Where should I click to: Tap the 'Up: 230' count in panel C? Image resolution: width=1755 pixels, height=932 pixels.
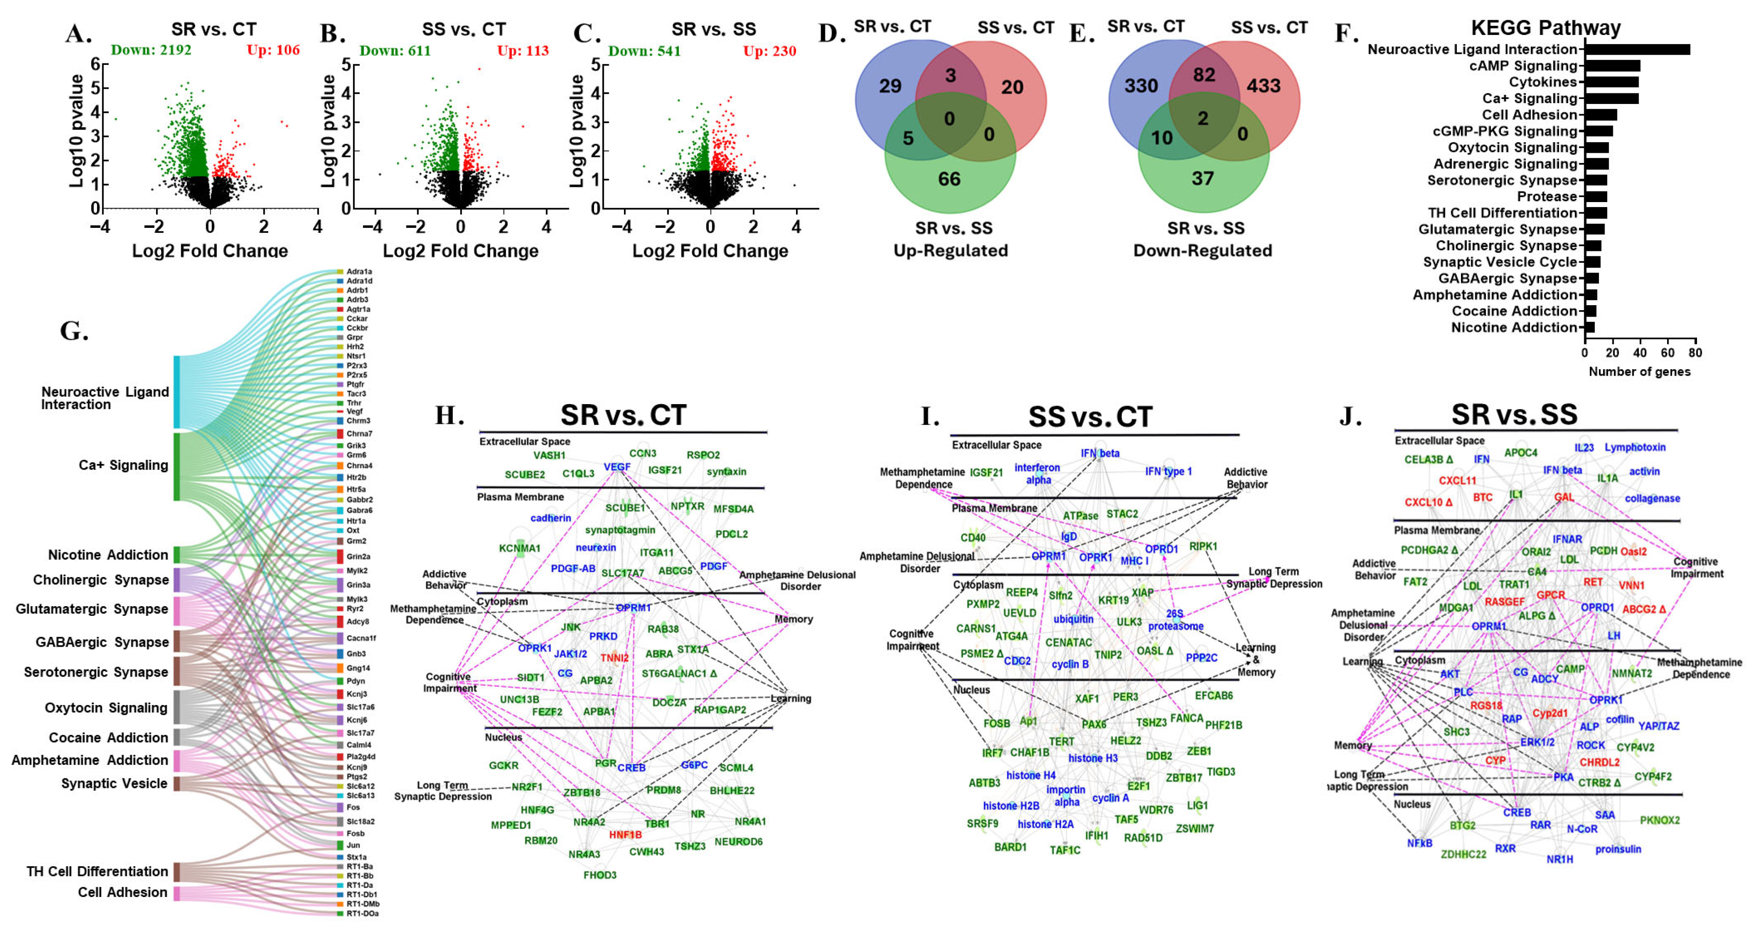click(769, 51)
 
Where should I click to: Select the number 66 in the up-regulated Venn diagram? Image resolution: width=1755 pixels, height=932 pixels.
click(949, 179)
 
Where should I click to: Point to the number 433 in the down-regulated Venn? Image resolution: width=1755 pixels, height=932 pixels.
click(1264, 87)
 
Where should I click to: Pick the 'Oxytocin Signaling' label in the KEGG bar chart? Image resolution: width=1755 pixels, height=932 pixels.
click(1513, 148)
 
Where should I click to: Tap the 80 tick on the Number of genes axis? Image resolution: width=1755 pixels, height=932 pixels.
click(1695, 353)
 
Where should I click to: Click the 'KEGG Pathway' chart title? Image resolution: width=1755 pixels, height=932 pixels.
click(1545, 28)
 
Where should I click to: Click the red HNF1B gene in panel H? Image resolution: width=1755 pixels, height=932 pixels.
click(625, 834)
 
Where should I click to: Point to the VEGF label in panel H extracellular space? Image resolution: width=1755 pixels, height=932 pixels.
click(617, 467)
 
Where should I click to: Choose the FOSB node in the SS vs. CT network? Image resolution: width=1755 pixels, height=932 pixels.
click(997, 723)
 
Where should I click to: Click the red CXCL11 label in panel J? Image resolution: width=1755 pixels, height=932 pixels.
click(1457, 481)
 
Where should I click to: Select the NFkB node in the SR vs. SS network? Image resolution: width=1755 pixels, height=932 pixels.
click(1420, 844)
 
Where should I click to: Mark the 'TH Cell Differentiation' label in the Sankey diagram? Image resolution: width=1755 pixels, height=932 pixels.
click(98, 871)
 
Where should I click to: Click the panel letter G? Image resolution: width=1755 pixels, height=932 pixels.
click(74, 331)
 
